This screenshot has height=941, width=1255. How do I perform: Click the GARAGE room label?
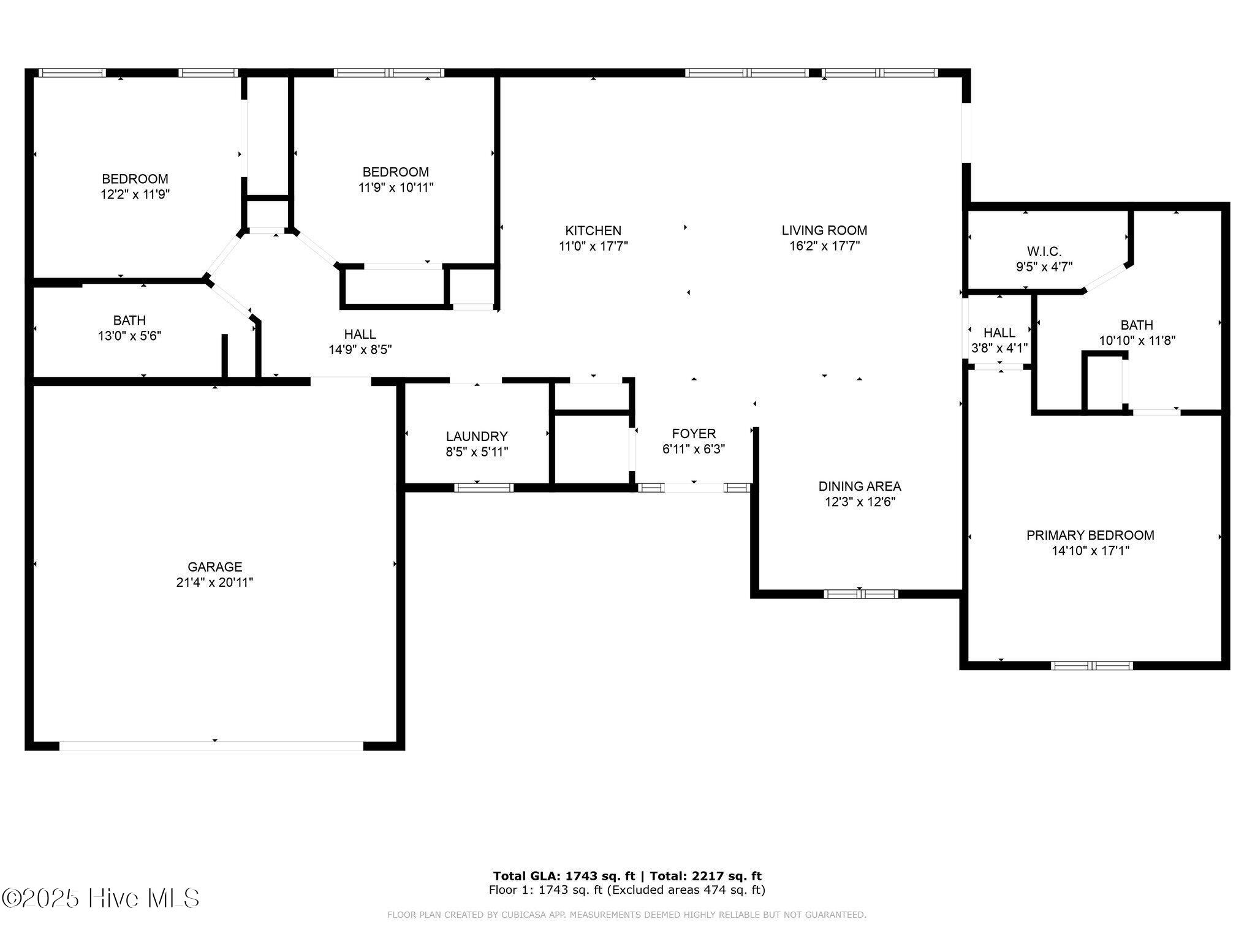click(214, 567)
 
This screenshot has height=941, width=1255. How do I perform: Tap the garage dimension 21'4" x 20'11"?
click(214, 583)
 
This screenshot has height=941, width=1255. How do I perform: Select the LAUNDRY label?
click(477, 436)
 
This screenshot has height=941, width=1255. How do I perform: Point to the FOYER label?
click(694, 434)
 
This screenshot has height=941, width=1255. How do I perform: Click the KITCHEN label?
click(593, 230)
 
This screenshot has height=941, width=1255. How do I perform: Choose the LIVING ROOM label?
click(824, 230)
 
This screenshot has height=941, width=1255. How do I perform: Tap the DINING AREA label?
click(860, 486)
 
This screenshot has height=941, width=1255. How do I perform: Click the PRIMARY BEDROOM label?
click(1090, 535)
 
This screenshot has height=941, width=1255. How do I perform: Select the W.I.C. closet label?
click(1044, 251)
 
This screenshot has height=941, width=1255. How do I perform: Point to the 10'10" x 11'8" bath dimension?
click(1137, 341)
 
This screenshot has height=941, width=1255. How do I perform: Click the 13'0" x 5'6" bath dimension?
click(129, 336)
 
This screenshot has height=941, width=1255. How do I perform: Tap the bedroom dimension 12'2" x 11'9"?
click(135, 194)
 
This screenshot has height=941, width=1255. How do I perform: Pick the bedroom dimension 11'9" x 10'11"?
click(396, 187)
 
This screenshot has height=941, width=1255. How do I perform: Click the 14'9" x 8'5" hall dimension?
click(360, 350)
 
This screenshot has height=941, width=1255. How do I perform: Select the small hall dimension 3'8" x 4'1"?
click(999, 348)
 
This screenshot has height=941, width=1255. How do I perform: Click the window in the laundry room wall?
click(483, 488)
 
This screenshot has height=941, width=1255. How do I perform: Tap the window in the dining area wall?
click(860, 594)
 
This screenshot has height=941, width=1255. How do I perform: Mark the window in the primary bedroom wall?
click(1091, 665)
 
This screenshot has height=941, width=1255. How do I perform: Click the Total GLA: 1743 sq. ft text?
click(564, 876)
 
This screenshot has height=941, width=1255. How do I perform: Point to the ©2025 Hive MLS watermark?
click(100, 898)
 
